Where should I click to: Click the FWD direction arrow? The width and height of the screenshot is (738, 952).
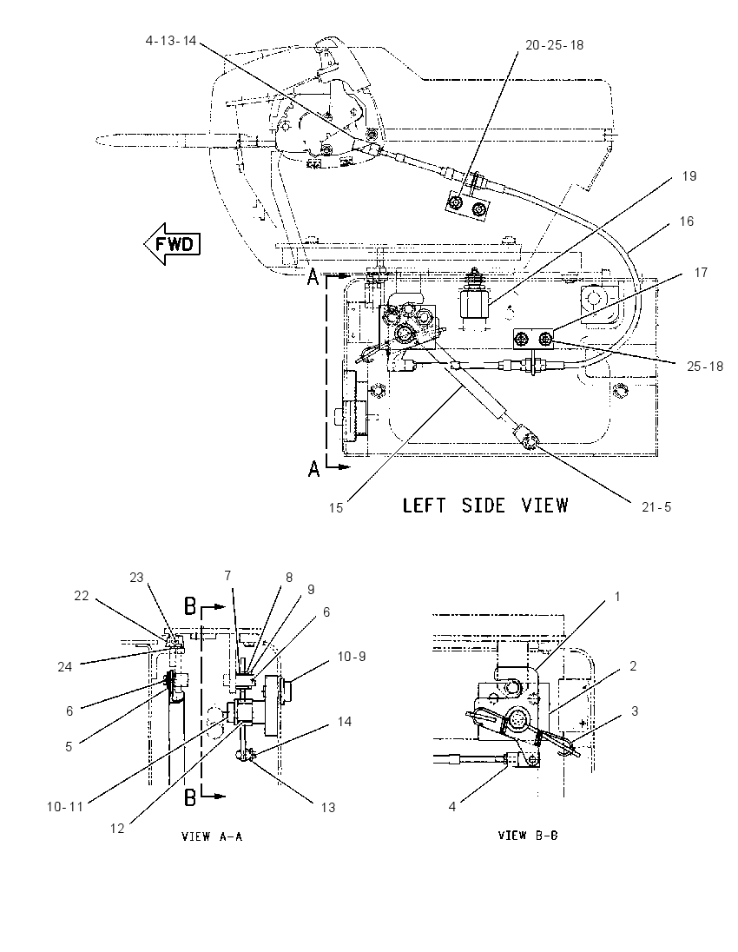(172, 243)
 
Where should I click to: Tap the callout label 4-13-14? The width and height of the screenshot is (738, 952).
(171, 41)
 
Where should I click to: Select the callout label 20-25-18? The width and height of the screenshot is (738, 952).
(554, 45)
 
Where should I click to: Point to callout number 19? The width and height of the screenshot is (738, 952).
(689, 176)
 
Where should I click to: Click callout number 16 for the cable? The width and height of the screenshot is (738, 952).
(687, 221)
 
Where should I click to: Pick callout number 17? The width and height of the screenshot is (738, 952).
(701, 273)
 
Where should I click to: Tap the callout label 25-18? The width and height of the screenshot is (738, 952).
(705, 366)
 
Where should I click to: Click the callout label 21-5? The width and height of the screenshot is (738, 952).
(656, 507)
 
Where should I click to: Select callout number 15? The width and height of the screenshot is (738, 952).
(336, 507)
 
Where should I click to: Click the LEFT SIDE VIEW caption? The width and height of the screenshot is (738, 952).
(485, 506)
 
